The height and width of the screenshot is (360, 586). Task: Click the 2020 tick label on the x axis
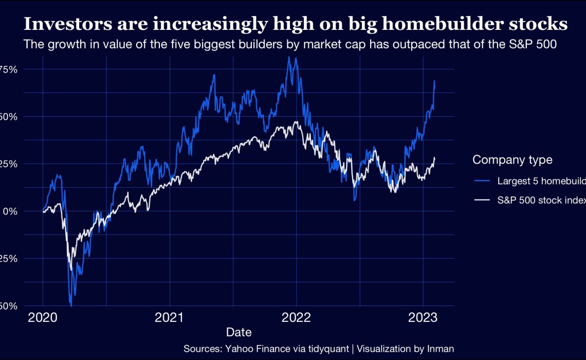click(43, 318)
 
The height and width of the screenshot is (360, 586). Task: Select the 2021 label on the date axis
click(170, 318)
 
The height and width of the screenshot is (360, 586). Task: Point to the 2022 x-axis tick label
click(296, 318)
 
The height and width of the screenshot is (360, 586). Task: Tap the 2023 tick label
click(423, 318)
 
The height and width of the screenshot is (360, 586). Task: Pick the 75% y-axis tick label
click(9, 69)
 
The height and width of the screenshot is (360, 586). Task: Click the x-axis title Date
click(239, 332)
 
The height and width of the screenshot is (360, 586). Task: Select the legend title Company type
click(512, 160)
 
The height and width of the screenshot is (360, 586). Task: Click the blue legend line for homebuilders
click(482, 181)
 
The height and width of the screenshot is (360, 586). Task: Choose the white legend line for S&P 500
click(482, 201)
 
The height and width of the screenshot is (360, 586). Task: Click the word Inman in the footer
click(441, 349)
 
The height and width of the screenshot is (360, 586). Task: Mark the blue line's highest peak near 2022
click(289, 57)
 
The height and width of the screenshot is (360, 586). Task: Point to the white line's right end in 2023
click(434, 158)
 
